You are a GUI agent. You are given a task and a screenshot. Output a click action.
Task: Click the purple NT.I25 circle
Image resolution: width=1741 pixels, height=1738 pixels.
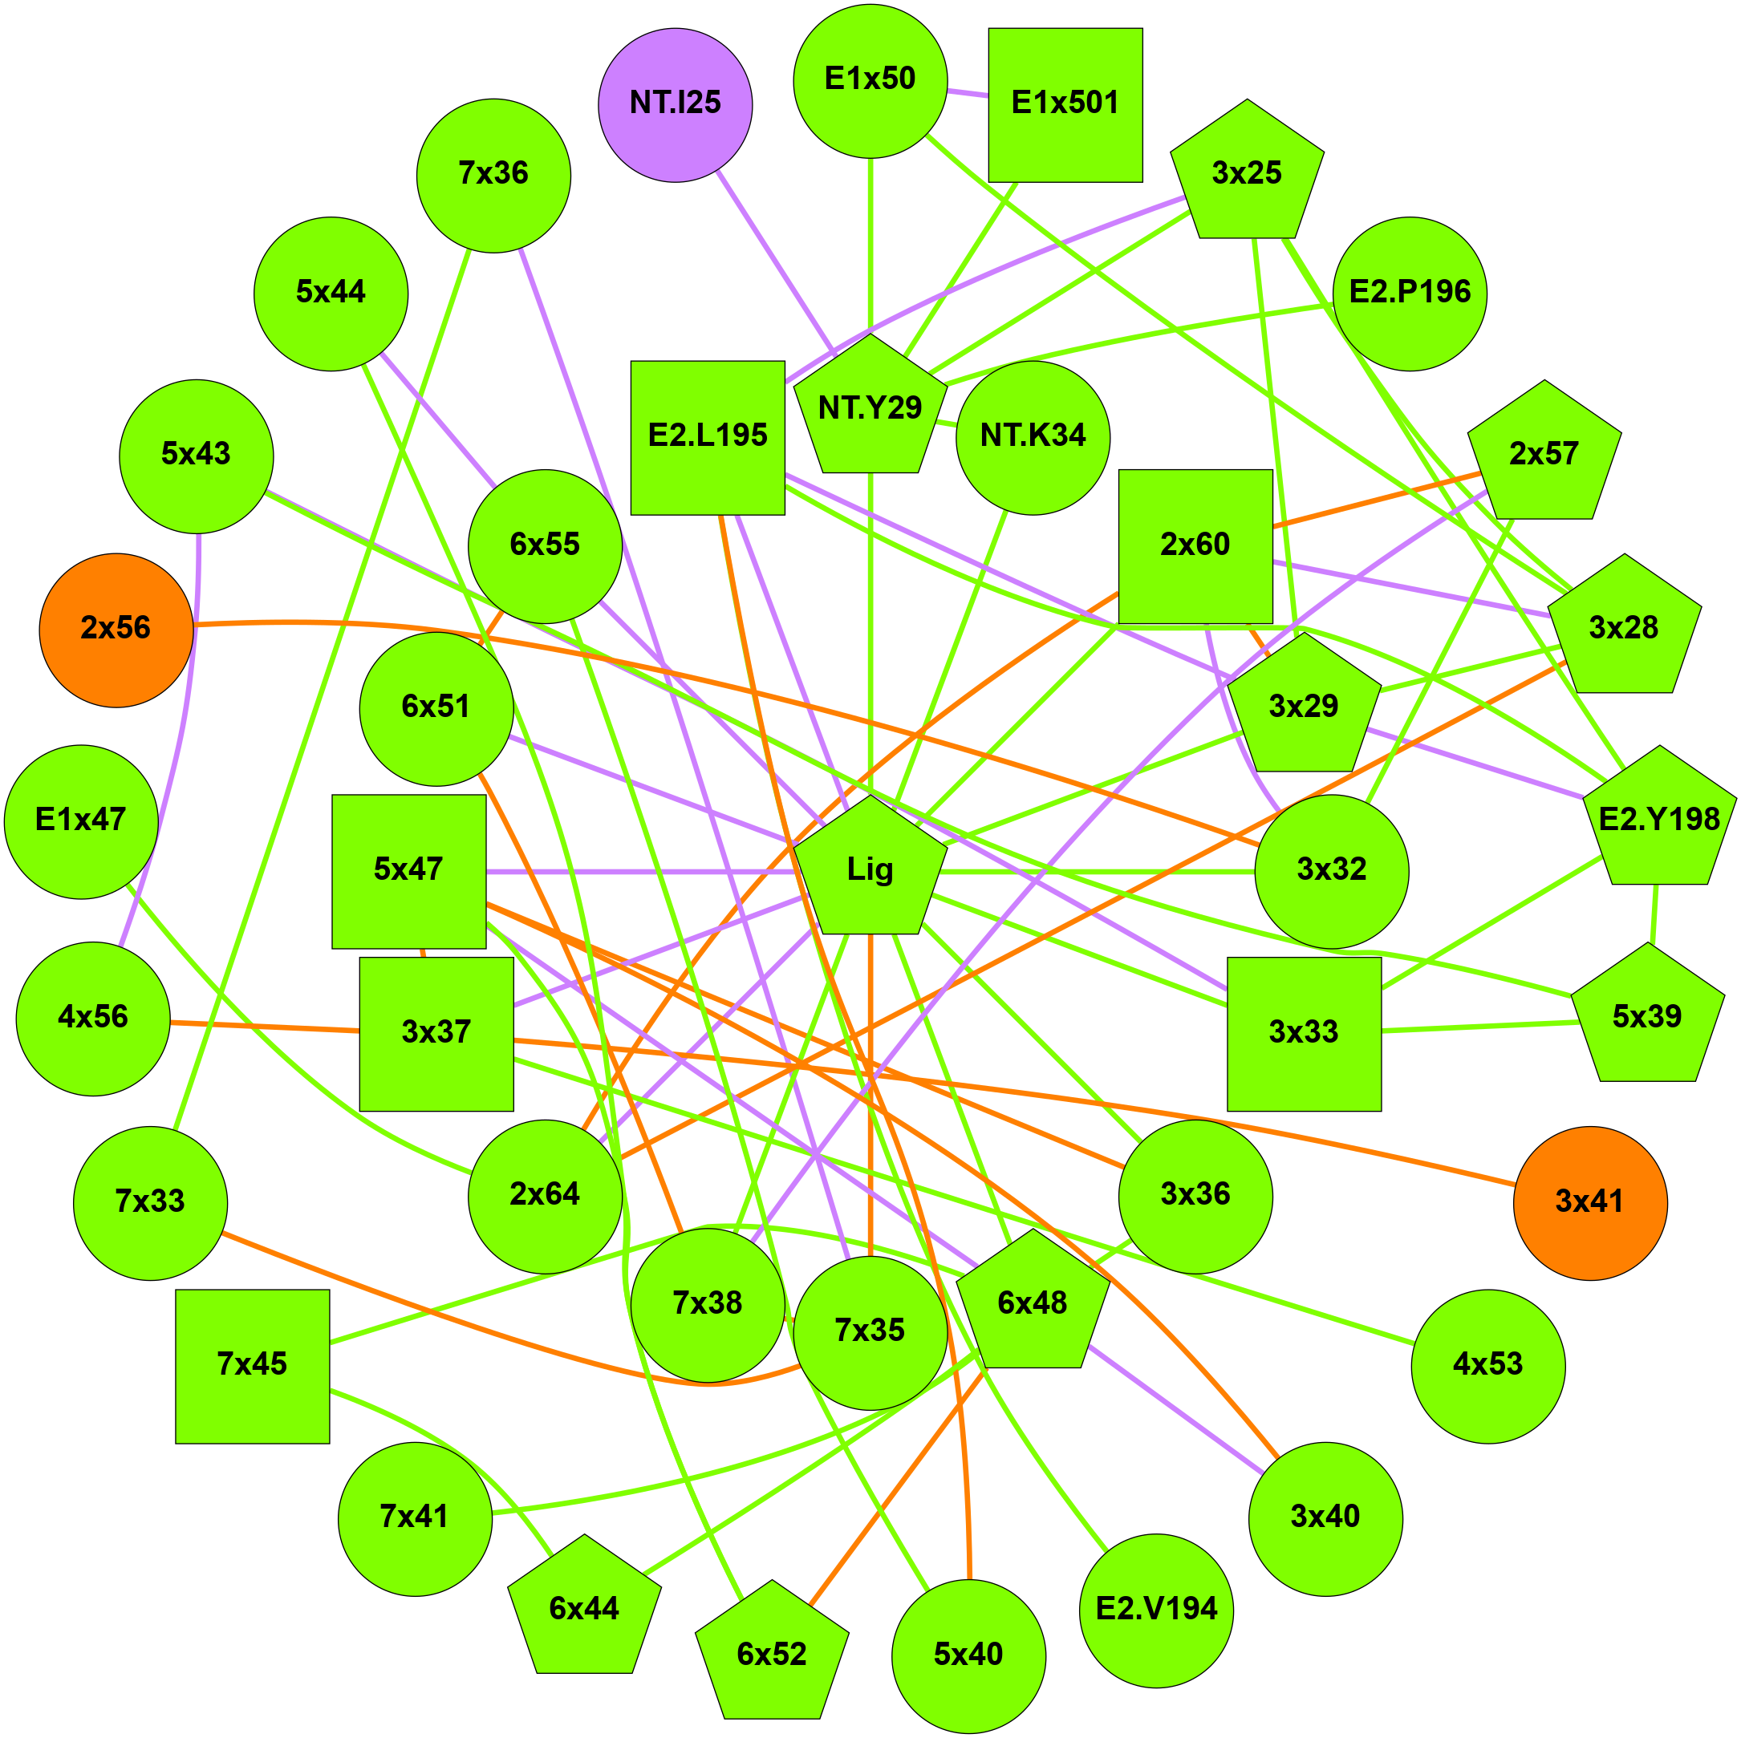pos(675,104)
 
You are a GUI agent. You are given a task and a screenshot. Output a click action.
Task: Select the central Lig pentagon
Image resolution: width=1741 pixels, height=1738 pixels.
pos(870,869)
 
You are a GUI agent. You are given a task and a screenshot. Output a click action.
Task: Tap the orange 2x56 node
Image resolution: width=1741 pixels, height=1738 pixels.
pos(116,630)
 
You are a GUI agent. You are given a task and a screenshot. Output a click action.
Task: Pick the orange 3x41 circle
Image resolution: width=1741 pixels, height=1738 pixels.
pos(1589,1203)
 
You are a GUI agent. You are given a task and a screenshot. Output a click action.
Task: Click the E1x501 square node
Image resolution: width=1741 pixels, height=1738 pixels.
pos(1065,104)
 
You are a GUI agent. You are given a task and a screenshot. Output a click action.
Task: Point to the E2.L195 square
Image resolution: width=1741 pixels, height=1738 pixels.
pos(708,438)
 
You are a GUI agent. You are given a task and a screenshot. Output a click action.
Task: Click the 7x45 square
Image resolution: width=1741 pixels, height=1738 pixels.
pos(252,1366)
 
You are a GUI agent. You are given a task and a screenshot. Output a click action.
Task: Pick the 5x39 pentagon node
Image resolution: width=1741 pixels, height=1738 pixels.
pos(1646,1018)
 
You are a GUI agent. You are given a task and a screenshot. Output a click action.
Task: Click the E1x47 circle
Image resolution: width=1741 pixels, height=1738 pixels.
pos(81,820)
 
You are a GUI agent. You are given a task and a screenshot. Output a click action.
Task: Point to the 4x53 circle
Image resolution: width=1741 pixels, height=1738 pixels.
pos(1487,1366)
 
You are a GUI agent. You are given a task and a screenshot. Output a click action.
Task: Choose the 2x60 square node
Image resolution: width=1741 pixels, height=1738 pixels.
pos(1195,546)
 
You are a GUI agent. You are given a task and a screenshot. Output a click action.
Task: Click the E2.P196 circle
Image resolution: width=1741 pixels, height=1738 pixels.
pos(1410,294)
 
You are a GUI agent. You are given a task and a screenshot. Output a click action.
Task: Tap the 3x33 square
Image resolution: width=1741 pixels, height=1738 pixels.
pos(1303,1034)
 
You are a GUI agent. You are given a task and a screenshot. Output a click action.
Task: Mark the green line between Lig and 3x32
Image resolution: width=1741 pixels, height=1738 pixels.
pos(1099,871)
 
